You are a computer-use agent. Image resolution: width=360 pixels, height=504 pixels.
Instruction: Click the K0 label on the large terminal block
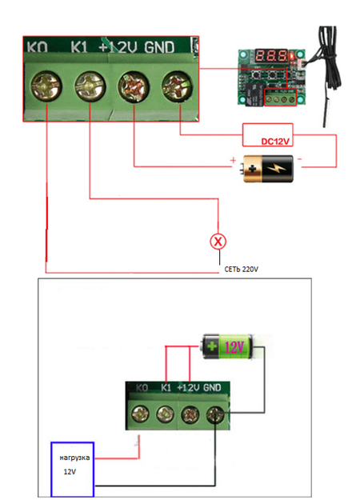click(37, 47)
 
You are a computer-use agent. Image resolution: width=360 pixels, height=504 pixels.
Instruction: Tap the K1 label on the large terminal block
click(79, 47)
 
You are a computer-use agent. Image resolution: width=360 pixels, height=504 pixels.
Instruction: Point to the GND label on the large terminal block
click(159, 47)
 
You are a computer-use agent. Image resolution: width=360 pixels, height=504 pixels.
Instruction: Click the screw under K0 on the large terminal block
click(46, 86)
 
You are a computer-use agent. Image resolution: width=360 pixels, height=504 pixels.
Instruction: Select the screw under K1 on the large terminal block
click(90, 86)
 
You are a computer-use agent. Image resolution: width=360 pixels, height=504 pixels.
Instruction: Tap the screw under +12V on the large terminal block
click(134, 86)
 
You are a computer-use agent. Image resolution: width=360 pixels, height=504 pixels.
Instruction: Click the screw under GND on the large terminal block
click(177, 86)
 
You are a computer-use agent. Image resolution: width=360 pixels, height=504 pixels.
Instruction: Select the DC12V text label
click(275, 142)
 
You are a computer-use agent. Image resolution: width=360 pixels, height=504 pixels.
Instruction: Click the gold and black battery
click(267, 169)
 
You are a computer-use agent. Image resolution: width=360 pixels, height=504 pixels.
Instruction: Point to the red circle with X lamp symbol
click(218, 242)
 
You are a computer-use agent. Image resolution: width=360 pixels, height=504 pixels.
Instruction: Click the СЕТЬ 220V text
click(241, 270)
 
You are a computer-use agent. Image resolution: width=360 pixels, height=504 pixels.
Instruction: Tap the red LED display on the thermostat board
click(271, 56)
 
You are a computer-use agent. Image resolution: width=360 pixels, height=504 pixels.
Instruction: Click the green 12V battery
click(227, 347)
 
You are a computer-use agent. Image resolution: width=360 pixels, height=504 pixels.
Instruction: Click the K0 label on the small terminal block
click(142, 388)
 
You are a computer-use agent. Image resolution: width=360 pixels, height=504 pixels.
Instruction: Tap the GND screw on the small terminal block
click(215, 414)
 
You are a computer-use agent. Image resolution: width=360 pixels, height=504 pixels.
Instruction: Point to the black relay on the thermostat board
click(254, 94)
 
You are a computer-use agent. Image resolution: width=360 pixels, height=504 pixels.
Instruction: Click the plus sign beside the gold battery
click(233, 160)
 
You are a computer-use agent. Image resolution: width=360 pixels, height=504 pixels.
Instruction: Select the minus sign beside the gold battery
click(299, 158)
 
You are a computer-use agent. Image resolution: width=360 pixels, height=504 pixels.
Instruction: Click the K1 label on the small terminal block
click(166, 388)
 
